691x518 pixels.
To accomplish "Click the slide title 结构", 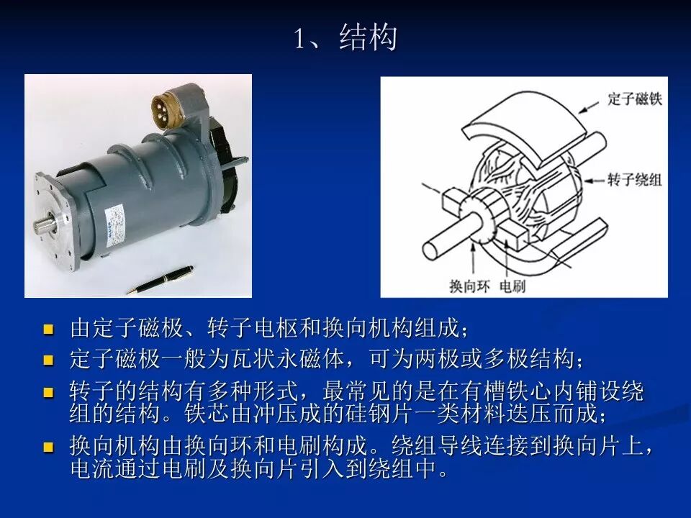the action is (x=368, y=37).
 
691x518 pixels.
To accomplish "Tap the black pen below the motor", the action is (x=160, y=280).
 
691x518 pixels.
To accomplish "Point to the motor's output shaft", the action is (x=43, y=226).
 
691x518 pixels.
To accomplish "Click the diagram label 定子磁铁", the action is (x=635, y=99).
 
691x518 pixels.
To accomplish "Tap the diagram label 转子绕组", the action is (x=635, y=180).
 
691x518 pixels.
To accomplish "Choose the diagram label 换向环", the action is (x=469, y=286).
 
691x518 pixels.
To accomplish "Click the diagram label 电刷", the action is (x=512, y=286).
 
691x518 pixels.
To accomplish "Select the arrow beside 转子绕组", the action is (x=595, y=181).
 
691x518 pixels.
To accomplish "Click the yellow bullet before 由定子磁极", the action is (x=48, y=330).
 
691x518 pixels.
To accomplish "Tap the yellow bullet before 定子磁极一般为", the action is (x=48, y=360).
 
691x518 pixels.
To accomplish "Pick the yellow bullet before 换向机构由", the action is (x=48, y=447).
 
